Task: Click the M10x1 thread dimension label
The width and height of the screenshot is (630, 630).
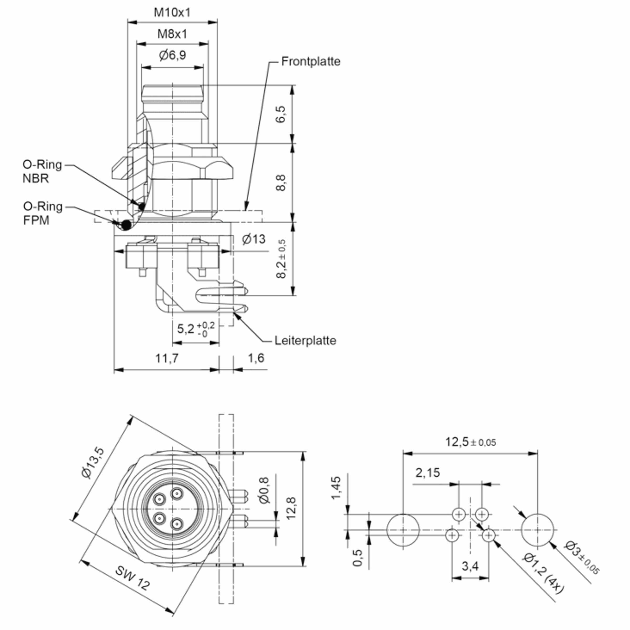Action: (x=172, y=12)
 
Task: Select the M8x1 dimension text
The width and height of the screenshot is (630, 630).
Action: (x=172, y=34)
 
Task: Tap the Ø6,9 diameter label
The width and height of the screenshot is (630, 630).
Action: (x=172, y=55)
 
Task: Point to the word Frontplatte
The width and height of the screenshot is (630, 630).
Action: (x=311, y=61)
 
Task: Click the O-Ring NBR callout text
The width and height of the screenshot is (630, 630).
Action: (x=42, y=171)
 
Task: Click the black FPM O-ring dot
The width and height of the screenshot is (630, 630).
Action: (x=126, y=224)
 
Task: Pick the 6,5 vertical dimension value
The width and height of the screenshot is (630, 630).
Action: (x=280, y=114)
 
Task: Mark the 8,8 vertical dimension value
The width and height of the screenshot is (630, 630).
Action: (x=280, y=183)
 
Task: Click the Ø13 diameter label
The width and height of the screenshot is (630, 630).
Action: (x=254, y=239)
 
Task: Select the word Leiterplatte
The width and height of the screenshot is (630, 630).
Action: (x=305, y=340)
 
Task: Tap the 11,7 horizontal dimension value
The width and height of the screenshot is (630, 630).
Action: (x=167, y=358)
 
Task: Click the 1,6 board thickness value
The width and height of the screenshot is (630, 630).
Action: (x=256, y=358)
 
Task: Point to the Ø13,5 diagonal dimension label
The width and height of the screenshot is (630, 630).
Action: (x=93, y=463)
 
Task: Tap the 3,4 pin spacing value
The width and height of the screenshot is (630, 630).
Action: (x=470, y=566)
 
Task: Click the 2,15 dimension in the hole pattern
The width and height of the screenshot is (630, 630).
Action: (x=428, y=472)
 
